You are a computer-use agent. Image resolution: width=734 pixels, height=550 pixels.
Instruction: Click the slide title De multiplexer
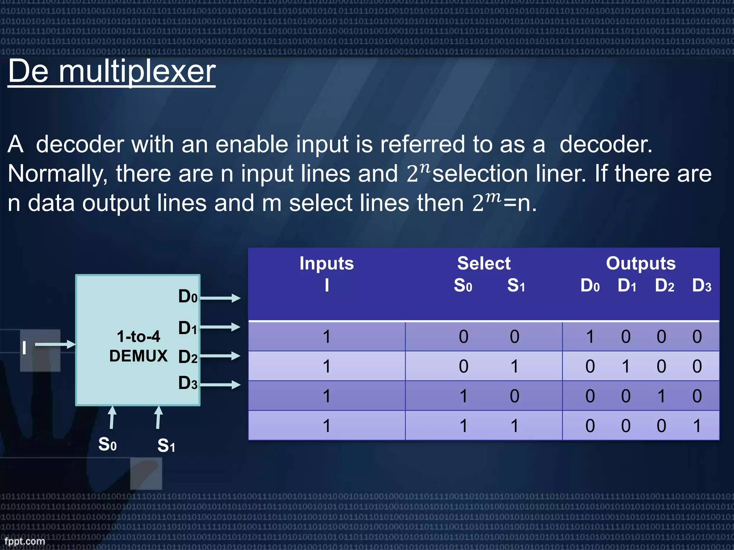click(x=111, y=72)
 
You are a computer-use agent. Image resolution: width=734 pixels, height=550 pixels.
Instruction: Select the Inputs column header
click(x=327, y=264)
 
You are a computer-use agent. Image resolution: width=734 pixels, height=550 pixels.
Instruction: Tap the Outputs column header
click(x=640, y=264)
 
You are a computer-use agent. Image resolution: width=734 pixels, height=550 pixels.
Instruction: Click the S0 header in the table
click(x=463, y=286)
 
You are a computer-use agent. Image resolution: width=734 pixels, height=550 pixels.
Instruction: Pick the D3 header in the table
click(x=701, y=286)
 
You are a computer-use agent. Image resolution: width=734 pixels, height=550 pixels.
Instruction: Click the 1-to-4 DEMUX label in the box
click(x=138, y=346)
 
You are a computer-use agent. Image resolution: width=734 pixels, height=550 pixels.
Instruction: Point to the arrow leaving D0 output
click(x=220, y=298)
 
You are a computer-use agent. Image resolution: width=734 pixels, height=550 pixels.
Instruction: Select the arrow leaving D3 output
click(x=220, y=385)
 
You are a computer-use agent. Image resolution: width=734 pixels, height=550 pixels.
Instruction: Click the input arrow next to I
click(x=55, y=344)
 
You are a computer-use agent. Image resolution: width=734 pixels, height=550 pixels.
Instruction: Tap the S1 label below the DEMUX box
click(x=166, y=446)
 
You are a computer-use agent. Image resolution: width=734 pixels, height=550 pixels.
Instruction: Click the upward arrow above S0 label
click(x=112, y=417)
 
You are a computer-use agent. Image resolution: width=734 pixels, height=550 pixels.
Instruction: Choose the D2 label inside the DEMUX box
click(x=188, y=357)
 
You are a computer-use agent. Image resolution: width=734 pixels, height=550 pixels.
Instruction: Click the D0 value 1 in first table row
click(x=590, y=337)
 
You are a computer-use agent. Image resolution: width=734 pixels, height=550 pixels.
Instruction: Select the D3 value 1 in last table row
click(x=697, y=426)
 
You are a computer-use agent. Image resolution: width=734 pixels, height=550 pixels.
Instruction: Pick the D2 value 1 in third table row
click(x=661, y=396)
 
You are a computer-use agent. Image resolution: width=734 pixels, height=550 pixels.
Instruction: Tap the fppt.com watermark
click(x=25, y=541)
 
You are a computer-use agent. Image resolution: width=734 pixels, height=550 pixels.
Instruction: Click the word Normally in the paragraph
click(x=57, y=174)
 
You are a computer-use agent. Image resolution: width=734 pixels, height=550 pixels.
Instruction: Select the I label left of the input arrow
click(x=24, y=348)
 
